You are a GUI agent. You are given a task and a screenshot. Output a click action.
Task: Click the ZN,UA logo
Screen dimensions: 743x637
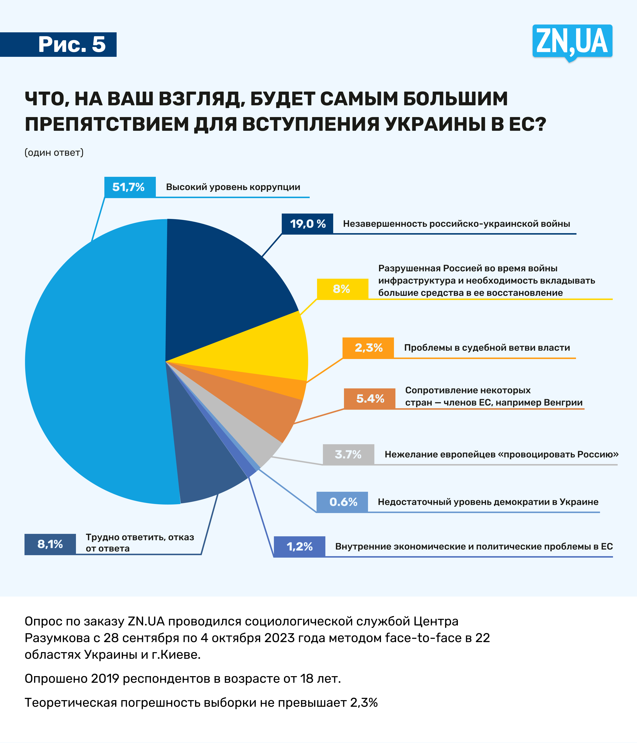click(x=572, y=42)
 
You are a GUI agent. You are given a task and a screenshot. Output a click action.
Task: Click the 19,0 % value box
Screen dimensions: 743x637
click(x=307, y=224)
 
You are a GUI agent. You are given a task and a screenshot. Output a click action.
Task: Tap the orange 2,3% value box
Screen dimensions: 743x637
click(x=368, y=348)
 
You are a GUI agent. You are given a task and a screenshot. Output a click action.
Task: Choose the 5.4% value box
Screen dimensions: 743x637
click(x=369, y=398)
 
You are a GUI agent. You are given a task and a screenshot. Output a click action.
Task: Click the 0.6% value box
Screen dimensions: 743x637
click(x=342, y=502)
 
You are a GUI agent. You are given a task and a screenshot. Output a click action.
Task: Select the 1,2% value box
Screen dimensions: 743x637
click(x=299, y=547)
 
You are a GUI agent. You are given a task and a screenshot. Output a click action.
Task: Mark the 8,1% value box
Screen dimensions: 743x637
click(x=50, y=544)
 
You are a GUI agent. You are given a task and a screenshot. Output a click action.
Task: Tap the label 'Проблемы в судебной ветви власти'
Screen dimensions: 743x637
click(x=487, y=348)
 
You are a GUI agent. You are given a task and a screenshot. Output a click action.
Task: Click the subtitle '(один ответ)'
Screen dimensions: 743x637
click(x=54, y=152)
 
